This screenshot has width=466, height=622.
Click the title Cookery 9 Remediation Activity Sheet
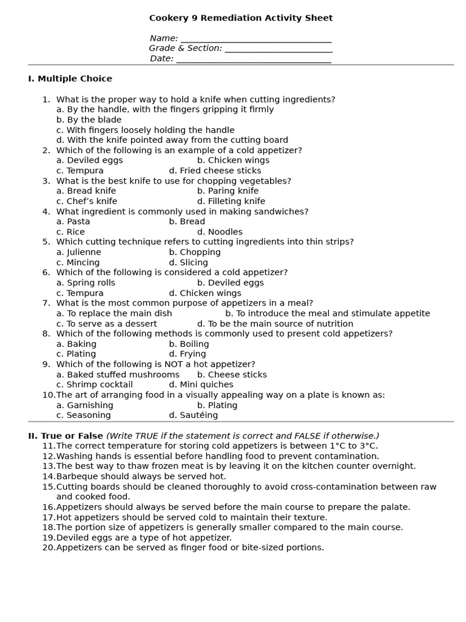pos(241,18)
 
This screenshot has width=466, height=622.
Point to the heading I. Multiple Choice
pos(70,79)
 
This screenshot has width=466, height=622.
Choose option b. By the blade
pos(89,120)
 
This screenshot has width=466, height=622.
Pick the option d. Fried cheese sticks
pos(215,171)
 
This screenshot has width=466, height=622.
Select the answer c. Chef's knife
pos(87,201)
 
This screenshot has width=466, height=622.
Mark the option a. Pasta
pos(73,222)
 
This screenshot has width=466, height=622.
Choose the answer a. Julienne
pos(79,252)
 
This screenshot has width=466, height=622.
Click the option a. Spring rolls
pos(86,282)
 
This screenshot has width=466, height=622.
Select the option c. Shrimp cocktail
pos(95,384)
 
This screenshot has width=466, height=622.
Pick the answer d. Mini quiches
pos(201,384)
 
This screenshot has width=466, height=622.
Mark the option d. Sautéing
pos(193,415)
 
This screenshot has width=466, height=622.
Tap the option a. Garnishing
pos(84,405)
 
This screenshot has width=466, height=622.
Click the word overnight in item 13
pos(394,466)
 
